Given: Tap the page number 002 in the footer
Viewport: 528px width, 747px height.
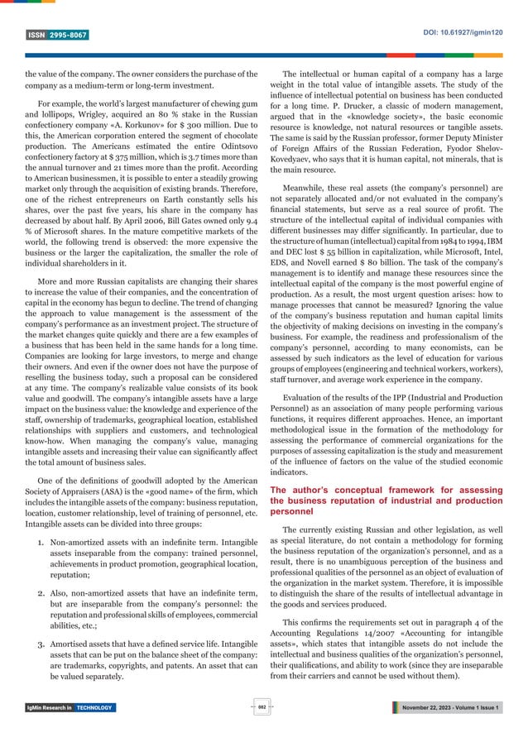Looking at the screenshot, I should coord(263,707).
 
